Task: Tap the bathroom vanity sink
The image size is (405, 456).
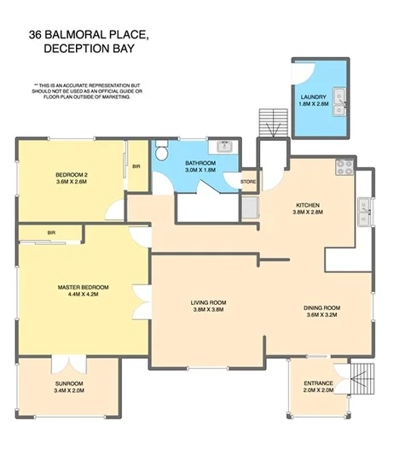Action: click(224, 146)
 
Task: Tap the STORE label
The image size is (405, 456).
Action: click(248, 181)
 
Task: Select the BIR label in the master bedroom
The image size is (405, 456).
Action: click(51, 232)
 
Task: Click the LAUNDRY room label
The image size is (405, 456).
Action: click(313, 96)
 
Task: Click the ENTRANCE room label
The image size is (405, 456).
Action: click(318, 385)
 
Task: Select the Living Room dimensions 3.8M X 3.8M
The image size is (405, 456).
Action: click(206, 310)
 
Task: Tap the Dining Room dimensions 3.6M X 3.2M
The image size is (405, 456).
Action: click(321, 315)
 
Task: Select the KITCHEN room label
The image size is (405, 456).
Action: click(308, 205)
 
